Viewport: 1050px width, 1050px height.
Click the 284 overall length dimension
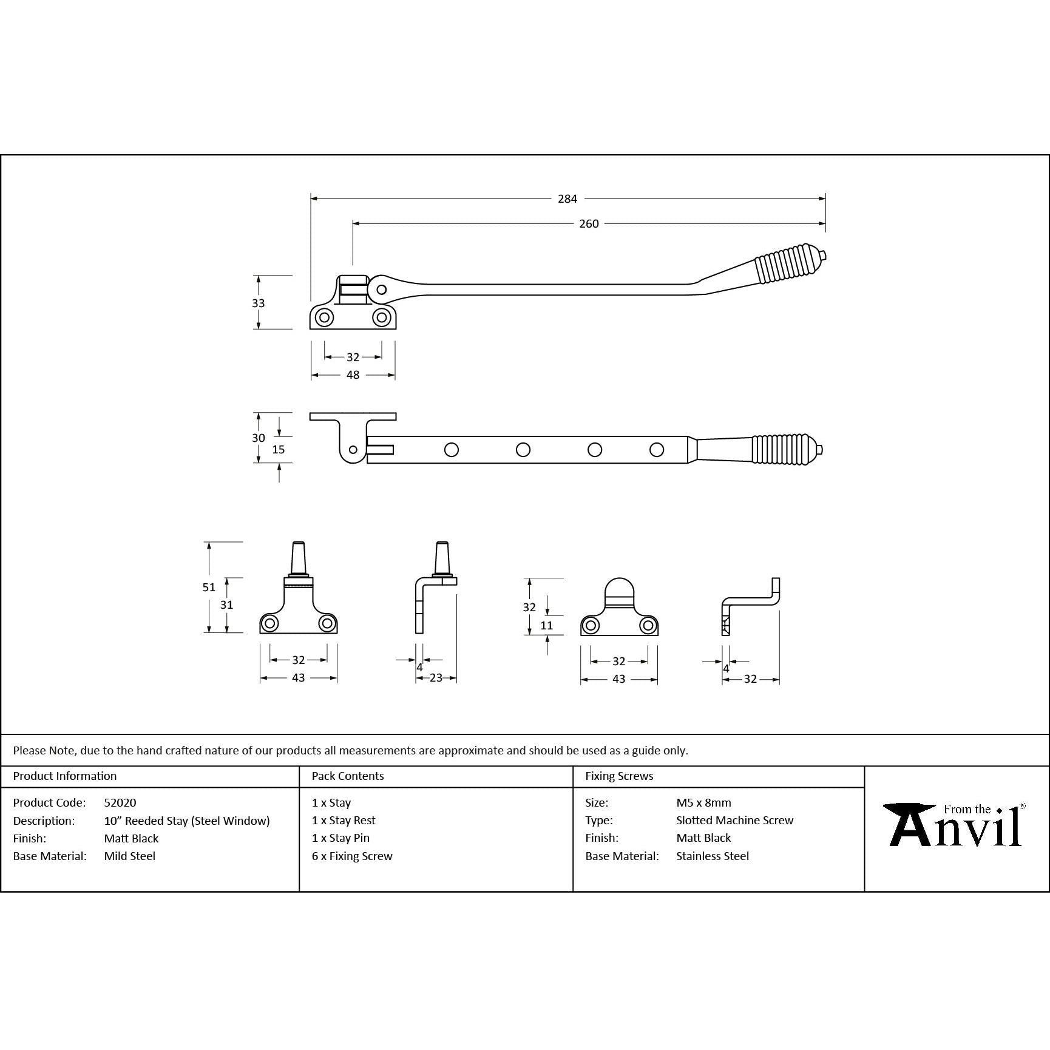tap(567, 198)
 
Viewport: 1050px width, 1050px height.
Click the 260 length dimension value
tap(589, 224)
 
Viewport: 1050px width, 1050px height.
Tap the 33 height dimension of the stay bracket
tap(259, 303)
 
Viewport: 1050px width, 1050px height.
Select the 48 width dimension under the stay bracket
tap(353, 375)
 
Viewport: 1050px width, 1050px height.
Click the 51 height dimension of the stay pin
tap(209, 587)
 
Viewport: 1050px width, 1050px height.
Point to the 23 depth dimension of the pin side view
tap(436, 678)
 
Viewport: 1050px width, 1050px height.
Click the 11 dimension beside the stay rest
tap(547, 625)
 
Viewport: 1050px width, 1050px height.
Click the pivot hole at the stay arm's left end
tap(381, 290)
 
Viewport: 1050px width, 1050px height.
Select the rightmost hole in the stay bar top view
tap(656, 450)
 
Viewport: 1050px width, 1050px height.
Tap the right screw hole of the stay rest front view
tap(648, 625)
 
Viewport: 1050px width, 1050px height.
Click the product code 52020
tap(120, 802)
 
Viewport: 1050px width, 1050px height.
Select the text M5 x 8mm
tap(703, 802)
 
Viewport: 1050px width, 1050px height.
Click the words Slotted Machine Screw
tap(734, 820)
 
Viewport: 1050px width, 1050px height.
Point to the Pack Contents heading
tap(348, 776)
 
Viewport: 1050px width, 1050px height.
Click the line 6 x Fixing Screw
tap(352, 856)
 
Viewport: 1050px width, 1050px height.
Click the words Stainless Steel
tap(713, 856)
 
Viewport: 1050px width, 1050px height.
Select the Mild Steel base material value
tap(130, 856)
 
